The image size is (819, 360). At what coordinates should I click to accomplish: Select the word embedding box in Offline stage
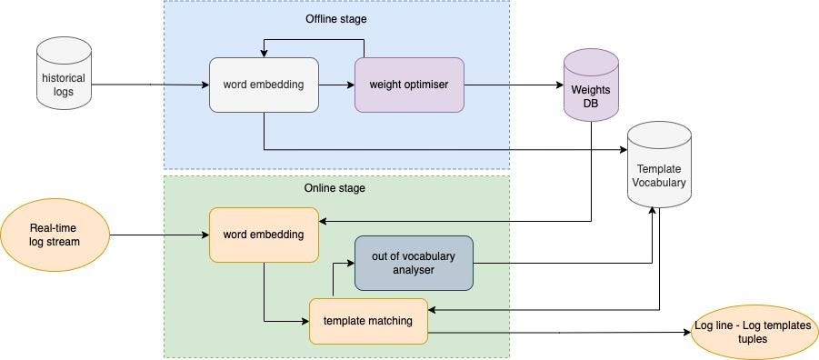(x=264, y=85)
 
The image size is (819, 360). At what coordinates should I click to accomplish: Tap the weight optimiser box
(x=409, y=85)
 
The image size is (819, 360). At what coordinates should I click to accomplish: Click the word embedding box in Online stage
(x=264, y=235)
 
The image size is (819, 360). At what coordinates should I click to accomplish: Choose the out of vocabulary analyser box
(x=414, y=263)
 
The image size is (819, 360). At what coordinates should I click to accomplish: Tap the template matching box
(x=368, y=321)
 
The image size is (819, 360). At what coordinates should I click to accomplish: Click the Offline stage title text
(x=335, y=18)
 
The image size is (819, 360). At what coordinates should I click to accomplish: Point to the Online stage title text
(x=335, y=188)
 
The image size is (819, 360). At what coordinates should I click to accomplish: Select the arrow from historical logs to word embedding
(x=150, y=85)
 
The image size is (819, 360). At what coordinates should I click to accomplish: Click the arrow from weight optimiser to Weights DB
(x=514, y=85)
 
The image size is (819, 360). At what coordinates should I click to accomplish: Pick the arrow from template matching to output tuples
(x=559, y=333)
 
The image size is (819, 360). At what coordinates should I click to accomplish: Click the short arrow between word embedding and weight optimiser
(x=336, y=85)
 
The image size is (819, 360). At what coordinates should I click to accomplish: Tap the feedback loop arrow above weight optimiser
(x=314, y=41)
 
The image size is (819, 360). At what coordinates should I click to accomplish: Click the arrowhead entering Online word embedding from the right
(x=325, y=221)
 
